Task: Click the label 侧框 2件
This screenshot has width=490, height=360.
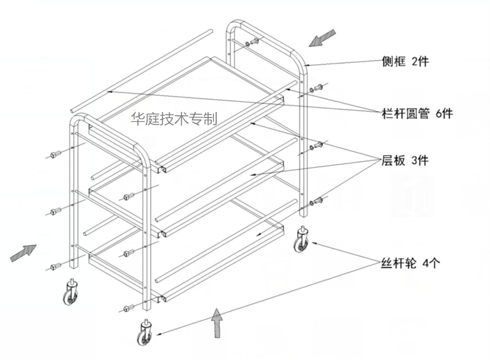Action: pyautogui.click(x=404, y=62)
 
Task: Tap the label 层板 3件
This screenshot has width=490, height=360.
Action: pyautogui.click(x=404, y=161)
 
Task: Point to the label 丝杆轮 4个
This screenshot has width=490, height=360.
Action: pyautogui.click(x=406, y=264)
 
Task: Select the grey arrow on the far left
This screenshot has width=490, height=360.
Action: pyautogui.click(x=23, y=252)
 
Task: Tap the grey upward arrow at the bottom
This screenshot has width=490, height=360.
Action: pyautogui.click(x=216, y=323)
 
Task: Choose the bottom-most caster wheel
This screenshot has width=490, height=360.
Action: pyautogui.click(x=146, y=336)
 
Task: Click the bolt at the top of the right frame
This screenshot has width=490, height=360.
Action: pyautogui.click(x=251, y=43)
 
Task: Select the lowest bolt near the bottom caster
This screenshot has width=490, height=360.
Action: pyautogui.click(x=129, y=308)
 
